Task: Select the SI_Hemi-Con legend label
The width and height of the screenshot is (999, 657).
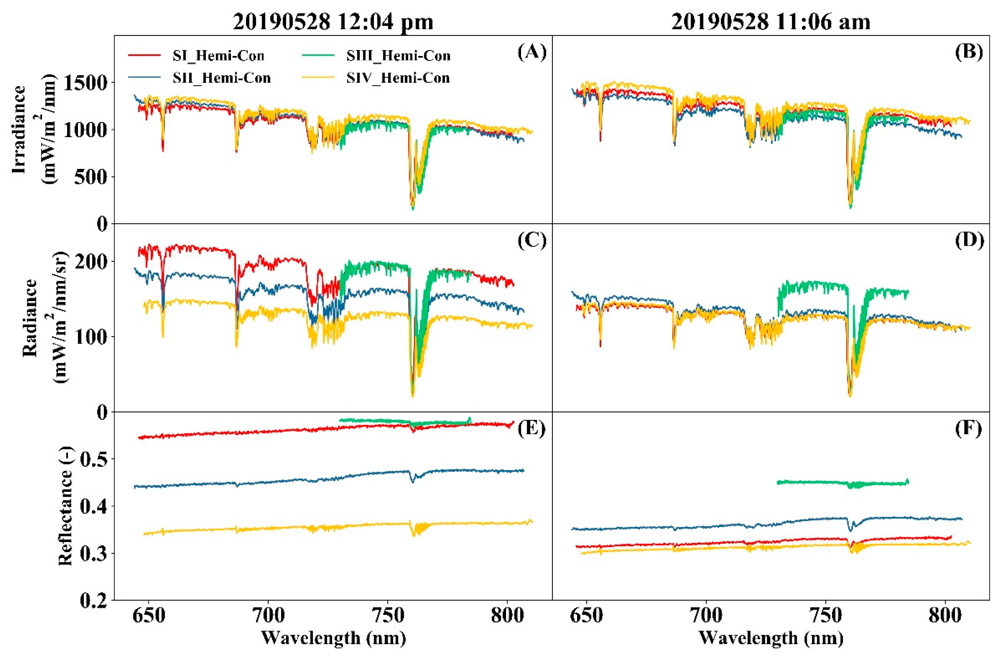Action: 218,56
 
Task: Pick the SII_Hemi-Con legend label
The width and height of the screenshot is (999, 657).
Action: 222,78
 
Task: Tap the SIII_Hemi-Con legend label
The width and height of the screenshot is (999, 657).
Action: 398,56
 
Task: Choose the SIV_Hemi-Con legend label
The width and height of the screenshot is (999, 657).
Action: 397,78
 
